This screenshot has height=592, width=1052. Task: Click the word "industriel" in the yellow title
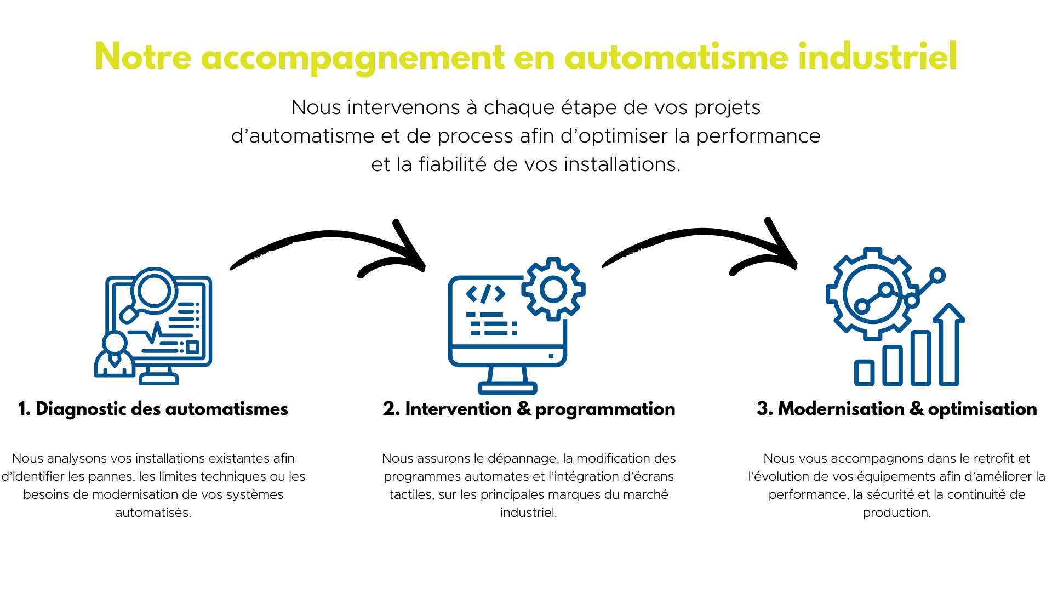pos(877,56)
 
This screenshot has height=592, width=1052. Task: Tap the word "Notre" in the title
pos(143,56)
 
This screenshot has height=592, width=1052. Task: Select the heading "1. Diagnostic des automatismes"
pos(153,409)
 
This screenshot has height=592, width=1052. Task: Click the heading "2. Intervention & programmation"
pos(529,409)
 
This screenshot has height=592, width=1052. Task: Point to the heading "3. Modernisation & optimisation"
pos(897,409)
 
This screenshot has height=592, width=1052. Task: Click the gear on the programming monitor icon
pos(553,289)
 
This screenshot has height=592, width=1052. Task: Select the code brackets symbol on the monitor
pos(485,294)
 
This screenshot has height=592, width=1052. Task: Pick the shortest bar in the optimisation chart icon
pos(865,373)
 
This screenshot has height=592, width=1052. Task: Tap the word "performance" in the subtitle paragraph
pos(758,136)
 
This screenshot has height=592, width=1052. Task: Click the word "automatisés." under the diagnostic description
pos(153,513)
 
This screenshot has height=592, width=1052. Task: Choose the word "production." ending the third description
pos(896,513)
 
